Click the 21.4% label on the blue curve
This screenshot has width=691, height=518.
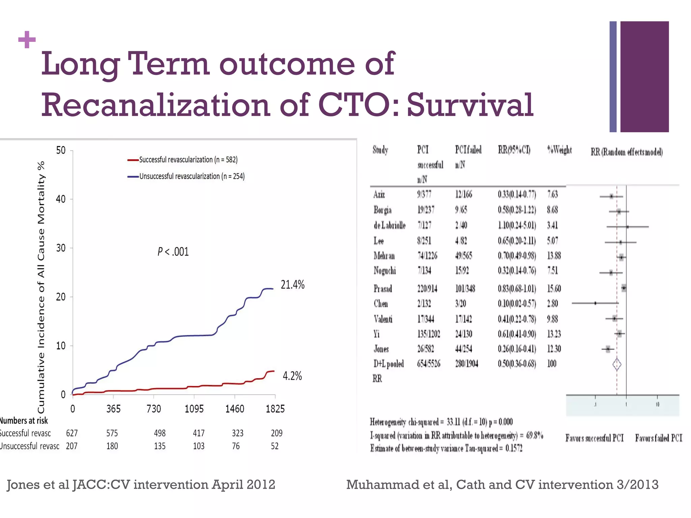click(293, 285)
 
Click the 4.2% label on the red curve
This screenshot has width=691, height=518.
click(292, 376)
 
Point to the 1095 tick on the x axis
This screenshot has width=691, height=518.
click(194, 409)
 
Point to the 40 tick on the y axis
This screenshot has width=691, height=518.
click(61, 199)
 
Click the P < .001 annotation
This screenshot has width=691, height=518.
click(173, 252)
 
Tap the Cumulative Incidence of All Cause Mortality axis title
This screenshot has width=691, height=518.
click(41, 287)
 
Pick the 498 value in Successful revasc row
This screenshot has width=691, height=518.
click(160, 433)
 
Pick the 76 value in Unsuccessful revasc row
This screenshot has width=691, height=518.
click(236, 446)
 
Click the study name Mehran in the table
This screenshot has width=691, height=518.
click(384, 256)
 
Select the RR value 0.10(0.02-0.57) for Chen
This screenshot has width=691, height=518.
click(517, 304)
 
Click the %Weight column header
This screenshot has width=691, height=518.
click(559, 150)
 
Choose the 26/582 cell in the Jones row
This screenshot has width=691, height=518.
click(425, 349)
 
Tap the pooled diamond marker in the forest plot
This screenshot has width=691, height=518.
click(617, 364)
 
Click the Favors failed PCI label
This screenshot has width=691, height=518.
click(658, 438)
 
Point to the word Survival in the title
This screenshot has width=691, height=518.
click(470, 105)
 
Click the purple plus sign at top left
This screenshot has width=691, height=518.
click(27, 40)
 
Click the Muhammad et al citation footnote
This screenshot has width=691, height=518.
click(502, 485)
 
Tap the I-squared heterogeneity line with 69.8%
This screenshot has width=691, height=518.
click(456, 436)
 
